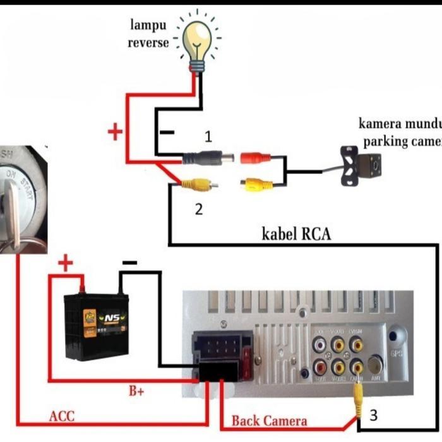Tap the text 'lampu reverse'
click(148, 34)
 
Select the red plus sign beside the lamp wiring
click(114, 132)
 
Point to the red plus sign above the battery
click(66, 264)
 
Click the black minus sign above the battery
click(129, 261)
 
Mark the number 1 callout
click(208, 136)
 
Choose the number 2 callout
click(199, 209)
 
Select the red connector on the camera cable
click(255, 158)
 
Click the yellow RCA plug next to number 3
click(357, 395)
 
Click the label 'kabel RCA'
click(296, 234)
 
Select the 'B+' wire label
click(137, 391)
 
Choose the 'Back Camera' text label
click(269, 421)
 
